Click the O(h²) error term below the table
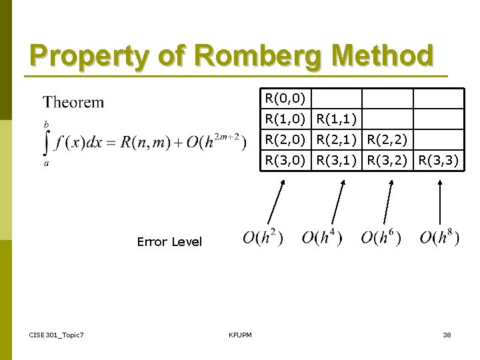pos(263,237)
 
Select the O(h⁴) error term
pos(322,237)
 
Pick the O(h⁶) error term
pos(381,237)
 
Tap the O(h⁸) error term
pos(439,237)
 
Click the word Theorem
pos(73,103)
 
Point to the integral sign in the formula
pos(47,143)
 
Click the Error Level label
pos(169,242)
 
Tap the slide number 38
pos(447,334)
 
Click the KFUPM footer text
pos(240,334)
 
